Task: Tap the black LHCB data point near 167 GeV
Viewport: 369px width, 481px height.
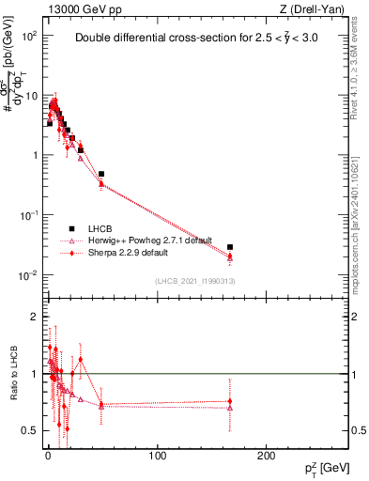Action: pos(230,247)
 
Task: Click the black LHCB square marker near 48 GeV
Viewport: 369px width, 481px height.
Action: pos(101,174)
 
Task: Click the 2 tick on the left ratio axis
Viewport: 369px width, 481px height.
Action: pos(36,317)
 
